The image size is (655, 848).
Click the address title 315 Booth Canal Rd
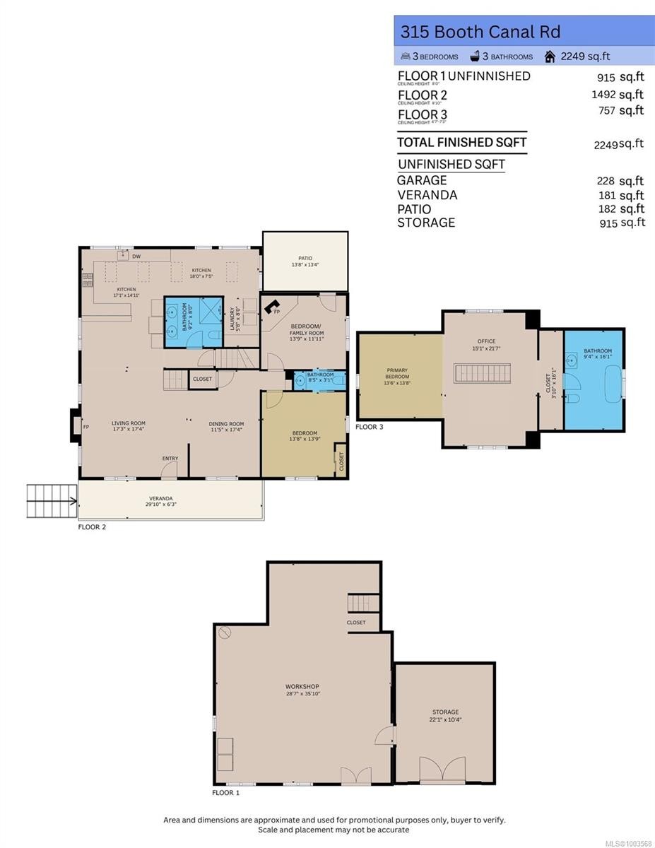click(480, 32)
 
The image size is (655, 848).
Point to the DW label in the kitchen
click(137, 257)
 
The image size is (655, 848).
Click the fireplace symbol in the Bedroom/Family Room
click(271, 307)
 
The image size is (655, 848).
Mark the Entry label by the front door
click(170, 459)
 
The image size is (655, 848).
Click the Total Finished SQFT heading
click(461, 142)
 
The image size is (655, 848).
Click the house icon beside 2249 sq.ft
click(549, 57)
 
